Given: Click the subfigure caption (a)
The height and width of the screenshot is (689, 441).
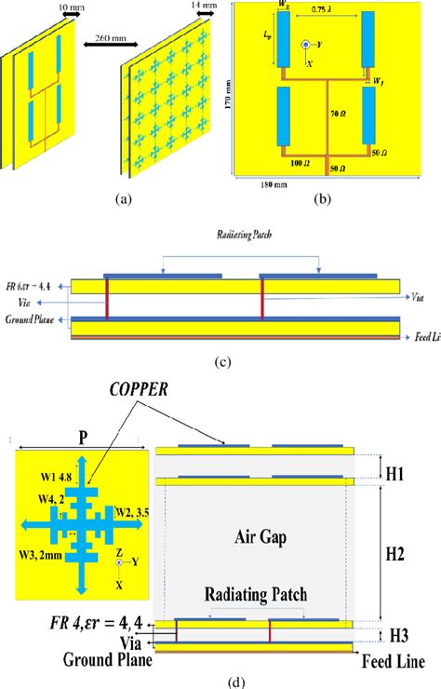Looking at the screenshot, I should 122,197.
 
